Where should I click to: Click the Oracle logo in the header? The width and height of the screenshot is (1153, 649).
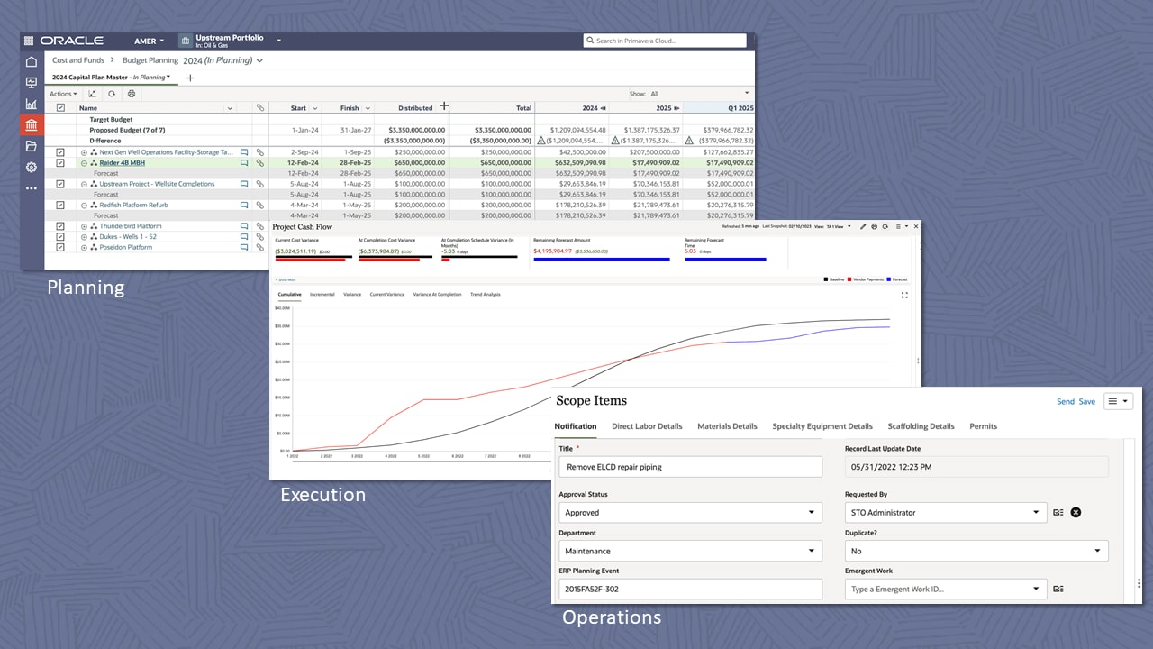tap(71, 41)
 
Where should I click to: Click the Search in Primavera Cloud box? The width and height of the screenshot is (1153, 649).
tap(665, 41)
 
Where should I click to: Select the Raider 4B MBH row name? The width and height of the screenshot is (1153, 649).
tap(122, 163)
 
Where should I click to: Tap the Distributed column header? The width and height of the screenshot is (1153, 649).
tap(414, 108)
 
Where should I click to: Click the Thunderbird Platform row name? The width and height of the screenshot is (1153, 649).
tap(131, 226)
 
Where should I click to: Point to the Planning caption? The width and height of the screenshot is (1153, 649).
tap(86, 288)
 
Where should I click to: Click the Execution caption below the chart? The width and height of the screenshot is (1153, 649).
tap(322, 495)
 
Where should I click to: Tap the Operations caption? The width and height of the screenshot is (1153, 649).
tap(612, 617)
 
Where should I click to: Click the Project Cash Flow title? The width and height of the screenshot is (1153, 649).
tap(303, 227)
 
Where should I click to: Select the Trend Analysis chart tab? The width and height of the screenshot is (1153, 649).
tap(486, 295)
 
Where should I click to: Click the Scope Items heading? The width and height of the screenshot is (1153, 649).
tap(591, 400)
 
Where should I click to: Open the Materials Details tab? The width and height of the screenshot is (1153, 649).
tap(727, 426)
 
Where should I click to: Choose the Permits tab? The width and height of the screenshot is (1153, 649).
tap(983, 426)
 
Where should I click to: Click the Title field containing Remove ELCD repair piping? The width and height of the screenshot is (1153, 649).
tap(690, 467)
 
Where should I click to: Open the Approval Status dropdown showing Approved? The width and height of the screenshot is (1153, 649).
tap(690, 512)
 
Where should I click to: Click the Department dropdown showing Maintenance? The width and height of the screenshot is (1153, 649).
tap(690, 551)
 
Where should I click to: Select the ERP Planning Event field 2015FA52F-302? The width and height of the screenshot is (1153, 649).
tap(690, 589)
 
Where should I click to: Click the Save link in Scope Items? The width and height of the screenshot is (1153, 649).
tap(1087, 401)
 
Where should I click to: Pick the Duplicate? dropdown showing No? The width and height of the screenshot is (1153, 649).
tap(976, 551)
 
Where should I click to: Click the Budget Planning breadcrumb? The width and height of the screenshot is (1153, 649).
tap(150, 60)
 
